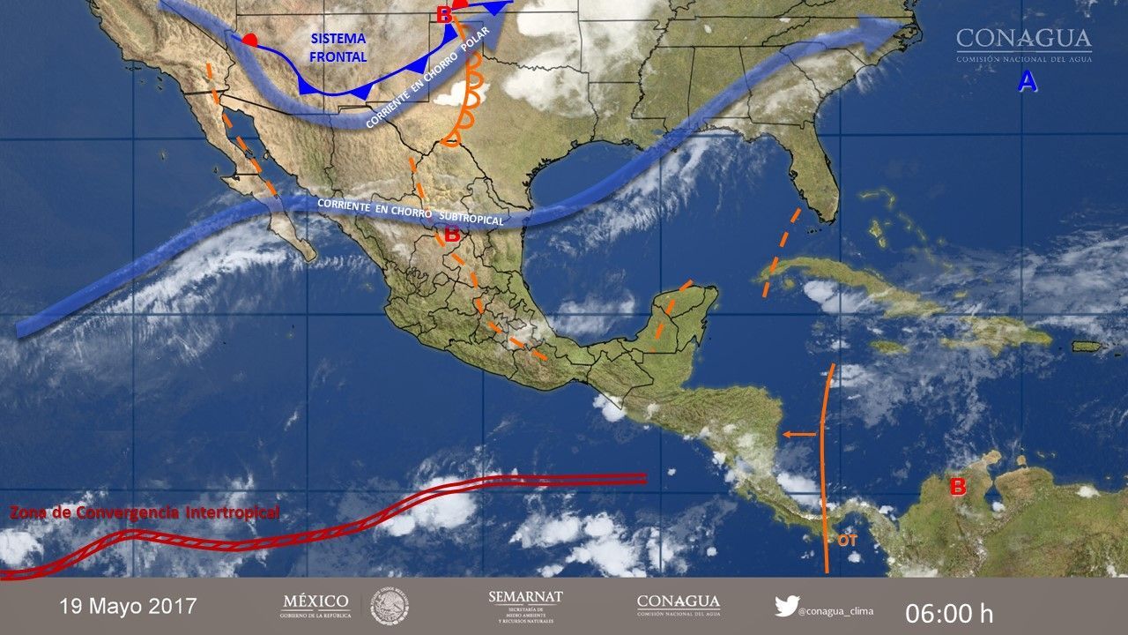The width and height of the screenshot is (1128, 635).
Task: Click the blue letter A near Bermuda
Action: pyautogui.click(x=1027, y=82)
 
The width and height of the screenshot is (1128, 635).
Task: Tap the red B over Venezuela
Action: pyautogui.click(x=957, y=486)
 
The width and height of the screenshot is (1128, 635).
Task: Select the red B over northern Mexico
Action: pyautogui.click(x=451, y=235)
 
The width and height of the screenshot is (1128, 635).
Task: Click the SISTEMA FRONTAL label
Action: pyautogui.click(x=338, y=48)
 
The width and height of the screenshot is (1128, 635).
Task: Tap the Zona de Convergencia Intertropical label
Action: pyautogui.click(x=145, y=512)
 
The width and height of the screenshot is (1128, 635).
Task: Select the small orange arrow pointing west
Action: pyautogui.click(x=798, y=434)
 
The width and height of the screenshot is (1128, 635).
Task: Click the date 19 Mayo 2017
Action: pyautogui.click(x=129, y=607)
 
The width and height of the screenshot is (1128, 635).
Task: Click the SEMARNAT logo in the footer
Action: pyautogui.click(x=525, y=605)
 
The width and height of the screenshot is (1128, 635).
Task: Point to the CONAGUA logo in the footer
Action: pyautogui.click(x=678, y=605)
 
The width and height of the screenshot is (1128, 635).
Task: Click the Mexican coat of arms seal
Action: pyautogui.click(x=389, y=606)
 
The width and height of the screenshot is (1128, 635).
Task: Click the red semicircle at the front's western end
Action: pyautogui.click(x=250, y=41)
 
